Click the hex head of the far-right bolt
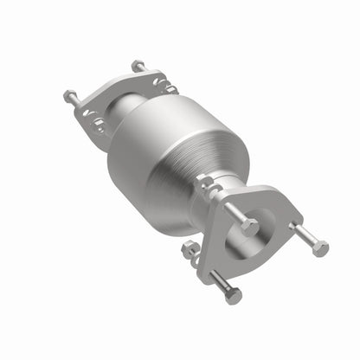pyautogui.click(x=320, y=249)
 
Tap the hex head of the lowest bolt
pyautogui.click(x=234, y=297)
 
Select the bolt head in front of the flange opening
pyautogui.click(x=250, y=227)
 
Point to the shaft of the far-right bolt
pyautogui.click(x=304, y=235)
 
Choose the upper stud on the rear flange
pyautogui.click(x=137, y=66)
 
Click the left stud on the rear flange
pyautogui.click(x=74, y=98)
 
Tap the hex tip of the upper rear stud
pyautogui.click(x=137, y=63)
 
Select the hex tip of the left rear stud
pyautogui.click(x=68, y=94)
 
